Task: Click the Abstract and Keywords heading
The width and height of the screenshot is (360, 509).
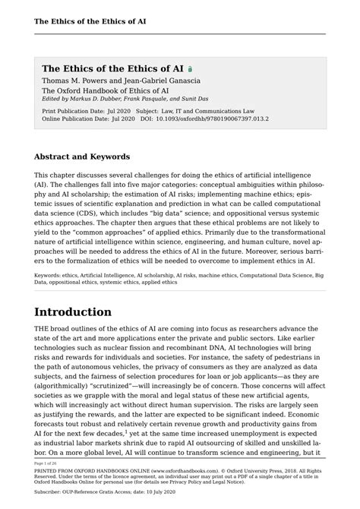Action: (x=82, y=157)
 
